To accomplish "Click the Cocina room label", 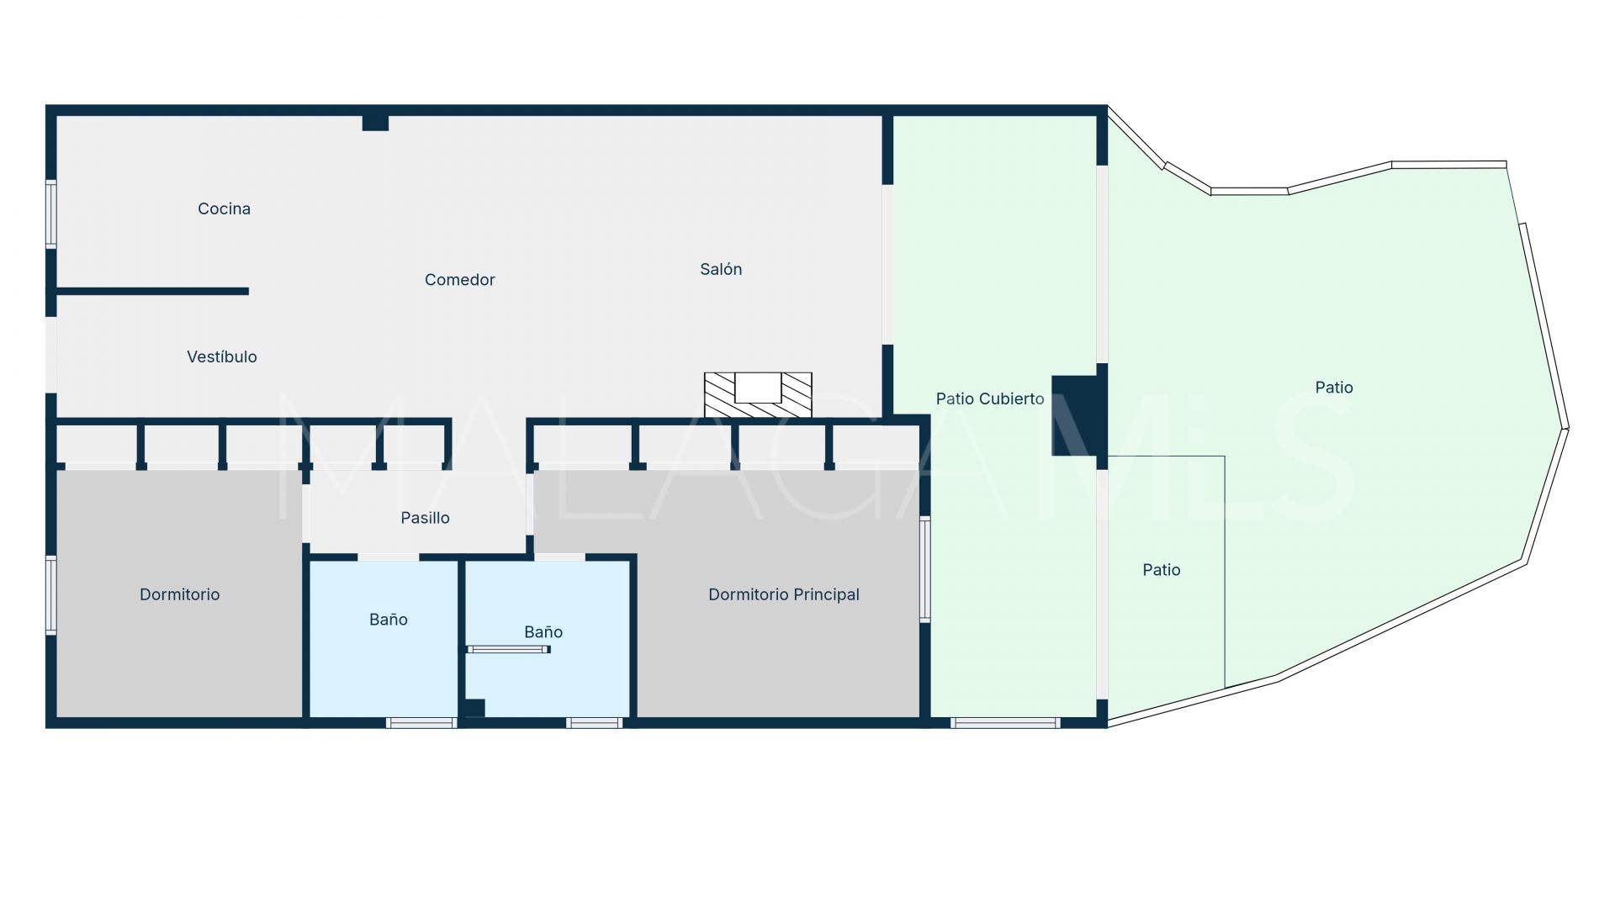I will (x=224, y=209).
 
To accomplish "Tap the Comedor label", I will (x=459, y=280).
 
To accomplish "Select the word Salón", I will (x=721, y=269).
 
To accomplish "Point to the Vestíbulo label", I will (x=222, y=356).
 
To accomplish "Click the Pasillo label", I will (x=425, y=518).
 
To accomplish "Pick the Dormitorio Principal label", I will (x=783, y=594).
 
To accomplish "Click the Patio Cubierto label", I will (x=989, y=399).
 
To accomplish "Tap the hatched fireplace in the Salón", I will (x=758, y=395).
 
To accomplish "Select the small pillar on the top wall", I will (x=375, y=123).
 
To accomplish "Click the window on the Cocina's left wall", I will (x=51, y=214).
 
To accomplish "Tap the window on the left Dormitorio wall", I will (x=51, y=594).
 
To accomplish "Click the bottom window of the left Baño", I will (x=421, y=722).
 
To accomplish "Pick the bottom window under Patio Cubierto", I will (x=1005, y=722).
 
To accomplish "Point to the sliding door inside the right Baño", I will (x=508, y=649).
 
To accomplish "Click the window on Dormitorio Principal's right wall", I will (x=924, y=569).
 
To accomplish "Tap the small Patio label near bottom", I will (x=1161, y=570).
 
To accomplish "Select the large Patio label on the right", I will (x=1333, y=388).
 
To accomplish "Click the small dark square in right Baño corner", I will (x=474, y=708).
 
